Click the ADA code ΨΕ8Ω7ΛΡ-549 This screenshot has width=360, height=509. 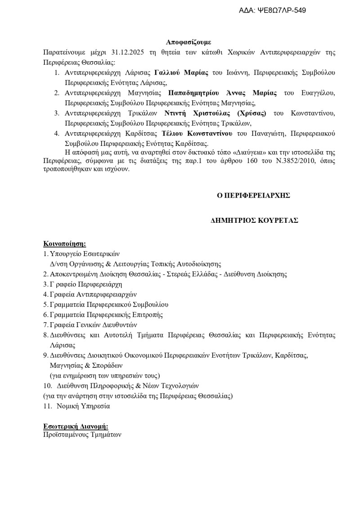click(x=284, y=10)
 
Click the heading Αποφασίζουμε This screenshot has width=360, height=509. click(x=189, y=42)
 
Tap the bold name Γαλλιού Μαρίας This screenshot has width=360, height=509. click(x=182, y=72)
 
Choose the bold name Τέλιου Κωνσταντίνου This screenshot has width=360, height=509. click(x=197, y=133)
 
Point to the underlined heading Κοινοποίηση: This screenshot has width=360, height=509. click(x=64, y=243)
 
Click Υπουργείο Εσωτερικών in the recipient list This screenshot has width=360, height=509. click(x=85, y=254)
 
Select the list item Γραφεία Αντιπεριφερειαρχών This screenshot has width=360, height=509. click(x=93, y=294)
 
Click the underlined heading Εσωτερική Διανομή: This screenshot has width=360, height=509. click(x=76, y=426)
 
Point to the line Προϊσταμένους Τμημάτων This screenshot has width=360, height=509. click(x=82, y=435)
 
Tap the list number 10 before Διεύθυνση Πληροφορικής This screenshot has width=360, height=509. click(x=48, y=386)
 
